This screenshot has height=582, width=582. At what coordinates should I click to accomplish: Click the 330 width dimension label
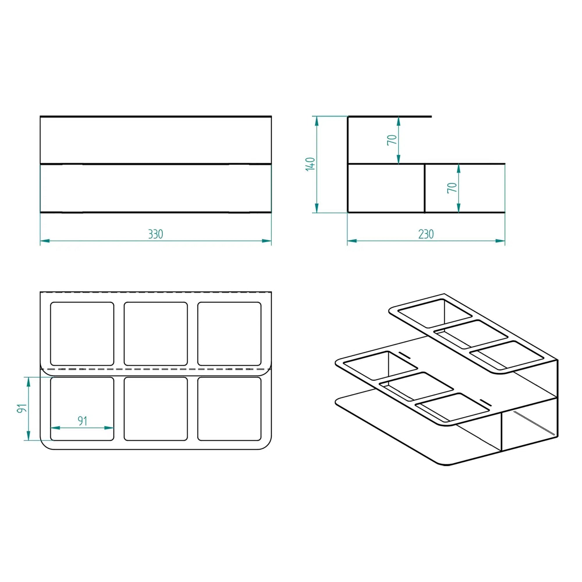point(155,234)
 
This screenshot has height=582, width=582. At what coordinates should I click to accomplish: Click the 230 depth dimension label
point(426,234)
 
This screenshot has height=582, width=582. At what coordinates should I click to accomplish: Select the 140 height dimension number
point(310,164)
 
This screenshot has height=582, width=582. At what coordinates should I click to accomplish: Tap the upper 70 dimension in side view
point(392,140)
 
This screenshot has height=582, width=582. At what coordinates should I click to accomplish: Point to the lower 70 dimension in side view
point(452,188)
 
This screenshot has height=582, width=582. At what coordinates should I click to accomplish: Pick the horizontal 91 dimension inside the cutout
point(82,421)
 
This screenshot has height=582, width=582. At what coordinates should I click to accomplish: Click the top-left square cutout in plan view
point(82,334)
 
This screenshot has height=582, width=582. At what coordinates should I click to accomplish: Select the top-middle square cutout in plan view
point(156,334)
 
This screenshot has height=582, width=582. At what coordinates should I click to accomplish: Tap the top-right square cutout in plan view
point(229,334)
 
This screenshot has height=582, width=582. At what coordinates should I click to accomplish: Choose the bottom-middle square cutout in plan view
point(156,409)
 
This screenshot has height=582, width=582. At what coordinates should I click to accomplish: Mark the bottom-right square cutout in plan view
point(229,409)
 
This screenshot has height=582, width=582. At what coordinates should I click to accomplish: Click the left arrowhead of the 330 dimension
point(45,241)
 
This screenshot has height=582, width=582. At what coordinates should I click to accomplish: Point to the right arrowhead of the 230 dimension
point(500,241)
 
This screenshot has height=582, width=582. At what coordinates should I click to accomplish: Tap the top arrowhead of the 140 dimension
point(316,121)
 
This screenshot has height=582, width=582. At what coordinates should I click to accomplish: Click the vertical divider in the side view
point(425,188)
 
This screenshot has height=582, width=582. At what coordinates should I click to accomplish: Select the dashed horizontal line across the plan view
point(156,369)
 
